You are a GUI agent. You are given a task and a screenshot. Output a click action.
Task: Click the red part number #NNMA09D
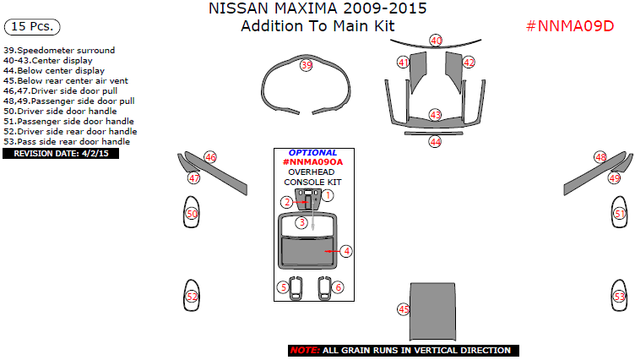click(x=570, y=26)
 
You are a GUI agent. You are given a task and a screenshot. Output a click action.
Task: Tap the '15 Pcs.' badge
click(x=32, y=27)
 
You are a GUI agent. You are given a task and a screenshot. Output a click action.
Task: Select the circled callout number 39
click(x=307, y=65)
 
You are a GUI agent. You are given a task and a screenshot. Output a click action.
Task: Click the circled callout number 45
click(x=404, y=310)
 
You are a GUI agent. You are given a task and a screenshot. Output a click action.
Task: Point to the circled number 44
click(x=435, y=142)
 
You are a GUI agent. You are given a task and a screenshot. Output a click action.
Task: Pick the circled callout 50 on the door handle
click(x=192, y=214)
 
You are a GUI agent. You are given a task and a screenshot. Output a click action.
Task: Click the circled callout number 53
click(x=620, y=297)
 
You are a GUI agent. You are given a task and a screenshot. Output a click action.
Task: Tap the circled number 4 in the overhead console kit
click(x=346, y=251)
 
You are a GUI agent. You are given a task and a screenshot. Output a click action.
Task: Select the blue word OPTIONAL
click(x=312, y=153)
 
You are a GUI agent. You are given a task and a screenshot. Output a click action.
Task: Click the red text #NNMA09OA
click(x=312, y=162)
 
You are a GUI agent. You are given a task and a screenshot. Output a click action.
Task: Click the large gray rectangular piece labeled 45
click(x=432, y=312)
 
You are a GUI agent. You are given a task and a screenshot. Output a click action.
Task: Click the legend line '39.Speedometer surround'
click(x=59, y=50)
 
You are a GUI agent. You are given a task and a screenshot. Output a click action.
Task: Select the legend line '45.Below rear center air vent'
click(x=66, y=80)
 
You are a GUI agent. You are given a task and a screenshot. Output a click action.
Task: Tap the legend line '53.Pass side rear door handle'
click(x=67, y=141)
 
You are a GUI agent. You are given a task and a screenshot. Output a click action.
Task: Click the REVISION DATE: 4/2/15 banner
click(x=61, y=154)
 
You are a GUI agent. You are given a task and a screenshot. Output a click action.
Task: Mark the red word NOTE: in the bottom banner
click(x=305, y=351)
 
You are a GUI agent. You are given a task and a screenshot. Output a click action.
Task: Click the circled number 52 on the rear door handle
click(x=192, y=297)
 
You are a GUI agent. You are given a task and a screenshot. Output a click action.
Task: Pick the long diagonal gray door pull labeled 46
click(x=216, y=173)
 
